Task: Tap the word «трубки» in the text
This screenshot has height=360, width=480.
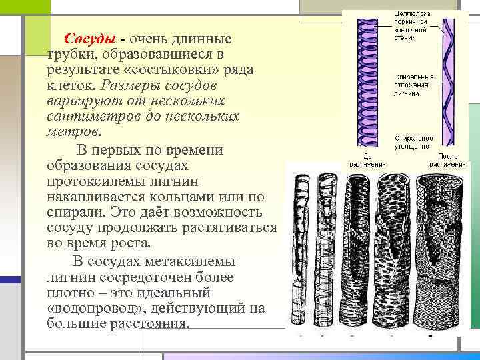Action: tap(69, 53)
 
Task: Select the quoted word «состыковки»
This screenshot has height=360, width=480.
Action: tap(182, 69)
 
